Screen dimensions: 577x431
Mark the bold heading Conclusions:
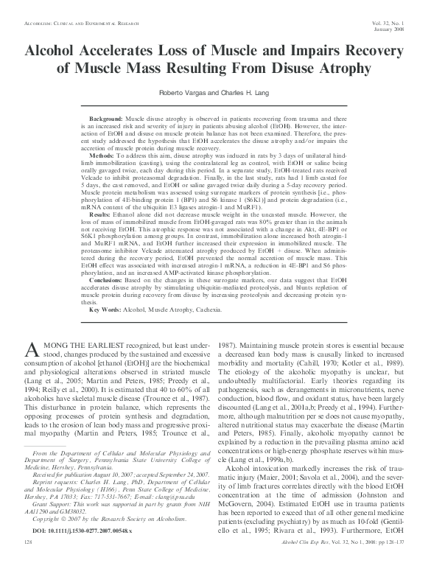click(107, 281)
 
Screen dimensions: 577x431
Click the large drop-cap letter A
click(32, 353)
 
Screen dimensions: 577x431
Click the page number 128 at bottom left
click(29, 562)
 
